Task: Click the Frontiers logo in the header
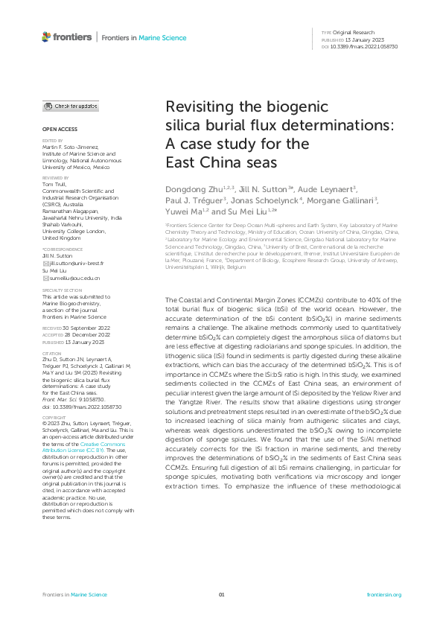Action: tap(67, 36)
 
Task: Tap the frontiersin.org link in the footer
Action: tap(384, 595)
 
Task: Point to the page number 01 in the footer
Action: tap(221, 595)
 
